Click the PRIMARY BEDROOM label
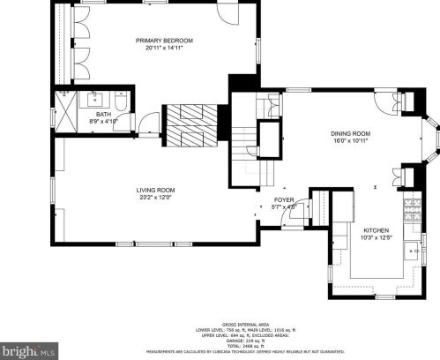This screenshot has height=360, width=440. (164, 41)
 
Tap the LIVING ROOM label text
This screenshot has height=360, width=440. (155, 190)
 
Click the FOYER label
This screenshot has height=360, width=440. (283, 200)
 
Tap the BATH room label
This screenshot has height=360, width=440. (103, 114)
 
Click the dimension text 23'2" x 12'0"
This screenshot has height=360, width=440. (155, 198)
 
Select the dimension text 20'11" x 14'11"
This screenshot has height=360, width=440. (164, 49)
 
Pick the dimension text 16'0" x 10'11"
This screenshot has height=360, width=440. (349, 140)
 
